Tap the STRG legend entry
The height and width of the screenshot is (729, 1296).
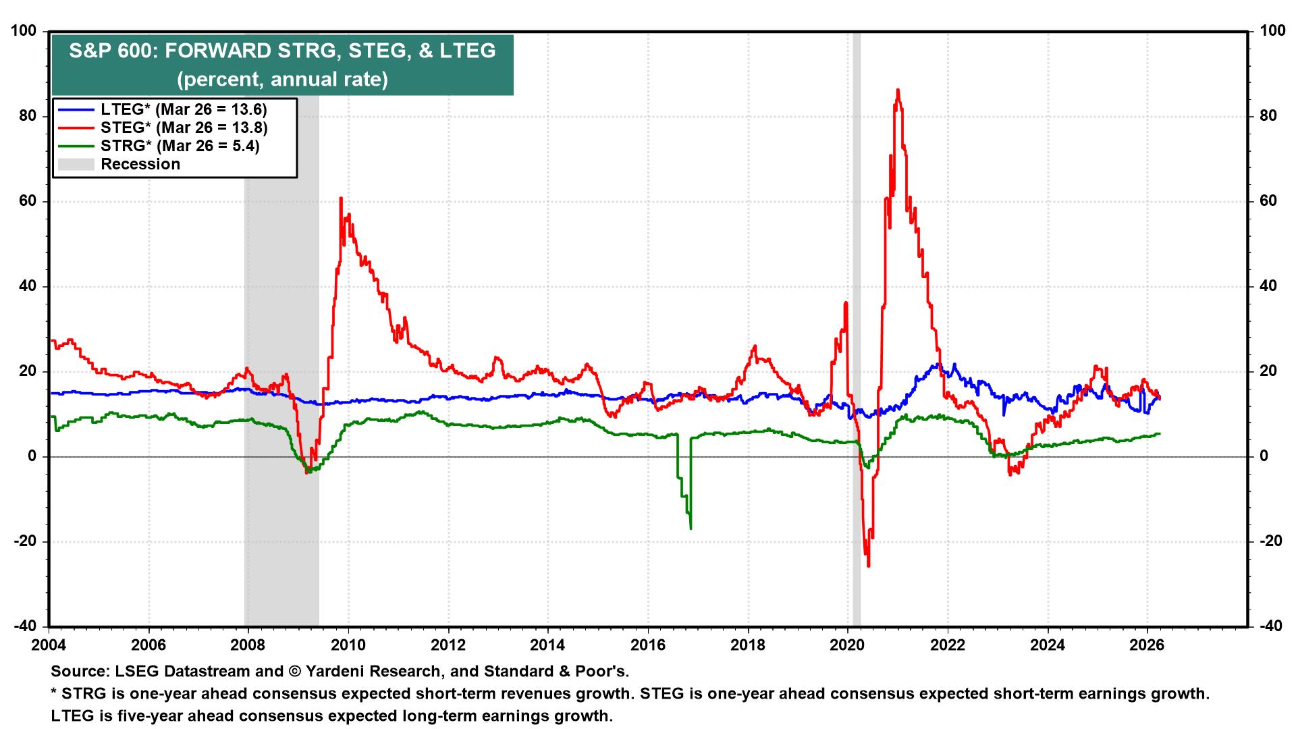180,146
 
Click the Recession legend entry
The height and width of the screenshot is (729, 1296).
140,164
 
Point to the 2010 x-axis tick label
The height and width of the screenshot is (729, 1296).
348,644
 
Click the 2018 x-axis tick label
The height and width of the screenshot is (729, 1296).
747,644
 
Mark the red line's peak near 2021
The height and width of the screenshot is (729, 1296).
897,90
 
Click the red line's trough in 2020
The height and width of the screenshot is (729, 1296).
868,566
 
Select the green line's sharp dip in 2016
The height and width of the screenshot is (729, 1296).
691,527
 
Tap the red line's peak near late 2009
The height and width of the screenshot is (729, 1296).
341,198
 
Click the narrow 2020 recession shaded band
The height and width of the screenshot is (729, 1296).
857,337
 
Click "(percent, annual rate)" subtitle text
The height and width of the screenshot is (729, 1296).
282,80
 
